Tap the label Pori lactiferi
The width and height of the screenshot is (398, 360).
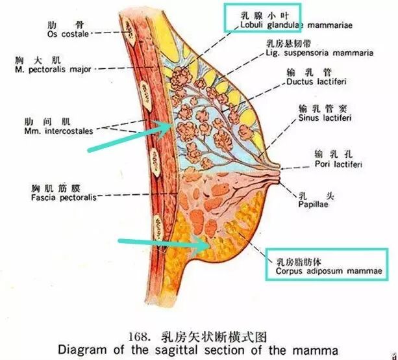click(338, 164)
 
